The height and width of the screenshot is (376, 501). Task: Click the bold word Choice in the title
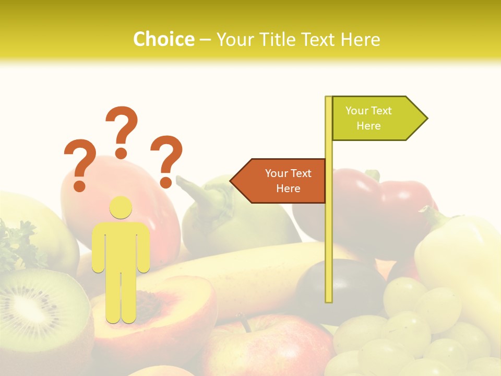(163, 39)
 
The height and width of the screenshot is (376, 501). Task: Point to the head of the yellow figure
(121, 207)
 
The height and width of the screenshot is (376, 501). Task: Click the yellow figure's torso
(121, 245)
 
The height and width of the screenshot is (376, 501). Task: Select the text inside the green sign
(368, 118)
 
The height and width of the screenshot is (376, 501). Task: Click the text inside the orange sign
(288, 181)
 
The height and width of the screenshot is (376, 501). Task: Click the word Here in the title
(360, 39)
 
